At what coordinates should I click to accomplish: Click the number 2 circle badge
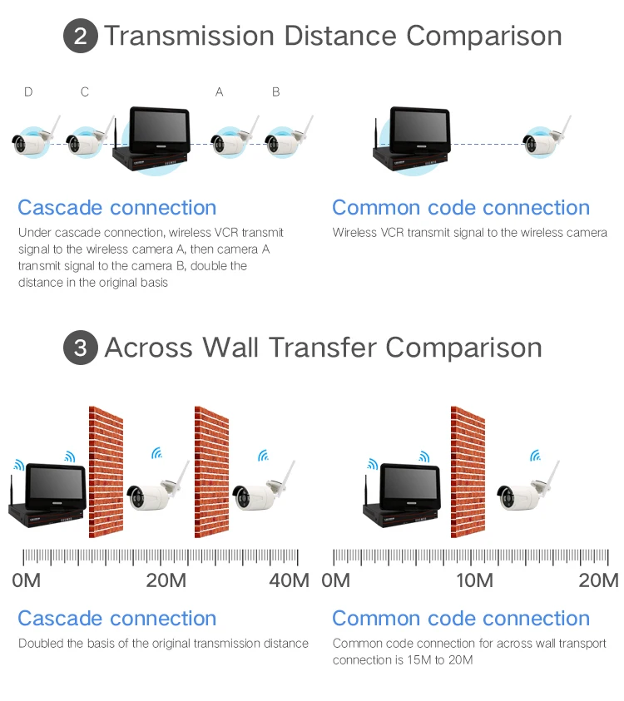point(81,37)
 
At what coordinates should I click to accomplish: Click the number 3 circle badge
point(81,348)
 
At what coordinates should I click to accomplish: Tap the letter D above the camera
point(28,92)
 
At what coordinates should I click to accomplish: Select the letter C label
point(85,92)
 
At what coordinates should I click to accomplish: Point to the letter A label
point(220,92)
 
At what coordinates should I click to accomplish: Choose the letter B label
point(276,92)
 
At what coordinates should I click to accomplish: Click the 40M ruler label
point(289,580)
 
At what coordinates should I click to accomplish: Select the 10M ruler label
point(474,580)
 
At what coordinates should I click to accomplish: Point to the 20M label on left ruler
point(166,580)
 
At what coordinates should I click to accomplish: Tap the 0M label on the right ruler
point(335,580)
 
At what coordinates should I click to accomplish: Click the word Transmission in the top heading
point(189,37)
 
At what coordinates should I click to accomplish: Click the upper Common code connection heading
point(461,208)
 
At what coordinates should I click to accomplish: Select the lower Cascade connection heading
point(116,619)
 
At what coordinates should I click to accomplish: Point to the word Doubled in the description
point(39,644)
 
